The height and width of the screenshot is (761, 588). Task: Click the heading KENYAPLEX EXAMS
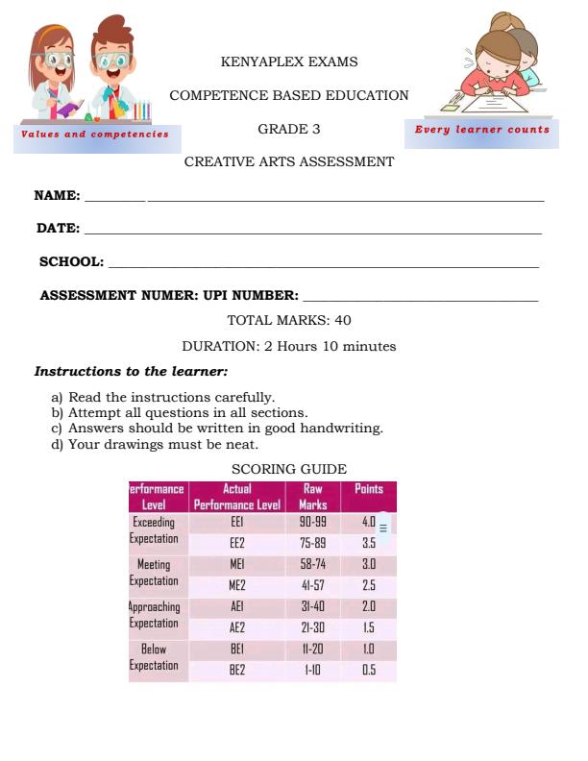point(289,62)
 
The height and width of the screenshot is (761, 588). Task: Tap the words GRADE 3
point(289,129)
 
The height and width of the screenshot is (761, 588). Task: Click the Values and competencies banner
point(95,135)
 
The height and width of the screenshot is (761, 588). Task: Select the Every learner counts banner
point(481,130)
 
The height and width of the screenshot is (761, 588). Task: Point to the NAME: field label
point(58,195)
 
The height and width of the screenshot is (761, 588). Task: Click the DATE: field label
point(58,229)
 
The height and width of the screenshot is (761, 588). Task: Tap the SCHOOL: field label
point(71,261)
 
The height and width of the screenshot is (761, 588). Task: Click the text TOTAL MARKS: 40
point(289,320)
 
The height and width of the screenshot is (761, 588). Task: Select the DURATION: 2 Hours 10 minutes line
point(289,346)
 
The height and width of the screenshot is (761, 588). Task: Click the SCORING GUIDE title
point(289,469)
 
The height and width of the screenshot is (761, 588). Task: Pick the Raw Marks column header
point(313,496)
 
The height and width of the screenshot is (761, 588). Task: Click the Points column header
point(369,489)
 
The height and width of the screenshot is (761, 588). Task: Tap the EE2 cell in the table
point(237,542)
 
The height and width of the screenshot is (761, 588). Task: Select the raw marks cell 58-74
point(313,564)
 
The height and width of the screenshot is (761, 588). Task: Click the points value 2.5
point(369,585)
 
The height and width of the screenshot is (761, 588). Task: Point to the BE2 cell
point(237,671)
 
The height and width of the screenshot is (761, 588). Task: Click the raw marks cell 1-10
point(313,671)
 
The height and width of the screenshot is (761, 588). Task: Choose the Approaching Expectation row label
point(155,615)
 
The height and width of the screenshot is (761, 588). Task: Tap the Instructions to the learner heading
point(132,371)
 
